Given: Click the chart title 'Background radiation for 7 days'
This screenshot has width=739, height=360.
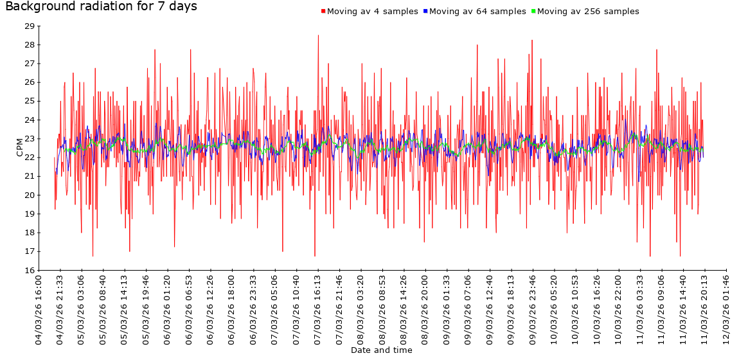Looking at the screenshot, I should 101,7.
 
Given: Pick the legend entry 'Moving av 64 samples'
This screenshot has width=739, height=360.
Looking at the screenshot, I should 477,12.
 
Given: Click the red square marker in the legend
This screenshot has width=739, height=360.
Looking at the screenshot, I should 323,12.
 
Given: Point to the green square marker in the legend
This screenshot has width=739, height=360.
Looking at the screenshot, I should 533,12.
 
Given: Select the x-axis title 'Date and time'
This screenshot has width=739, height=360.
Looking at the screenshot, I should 382,350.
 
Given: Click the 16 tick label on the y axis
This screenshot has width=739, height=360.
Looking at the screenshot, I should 29,270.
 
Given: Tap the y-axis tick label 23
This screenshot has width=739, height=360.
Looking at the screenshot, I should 29,139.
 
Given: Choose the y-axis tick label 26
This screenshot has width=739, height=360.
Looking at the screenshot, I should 29,82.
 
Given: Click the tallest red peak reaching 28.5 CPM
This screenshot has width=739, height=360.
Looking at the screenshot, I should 318,36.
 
